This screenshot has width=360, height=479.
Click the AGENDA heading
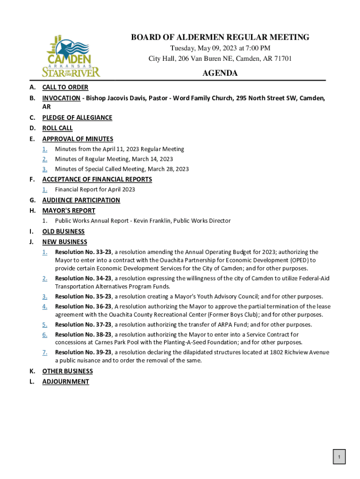220,73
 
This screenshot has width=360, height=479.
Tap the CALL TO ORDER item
65,87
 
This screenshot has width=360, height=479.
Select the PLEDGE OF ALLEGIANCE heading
77,117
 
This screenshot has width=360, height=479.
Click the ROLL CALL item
58,128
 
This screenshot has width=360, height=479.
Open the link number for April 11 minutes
44,149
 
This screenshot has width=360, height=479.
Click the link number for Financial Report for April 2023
44,189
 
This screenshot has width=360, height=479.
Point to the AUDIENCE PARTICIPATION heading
81,200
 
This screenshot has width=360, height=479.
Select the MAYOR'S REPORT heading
69,210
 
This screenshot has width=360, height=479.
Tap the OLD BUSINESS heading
63,232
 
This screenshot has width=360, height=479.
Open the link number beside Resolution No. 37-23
44,325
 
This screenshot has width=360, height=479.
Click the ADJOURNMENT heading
65,382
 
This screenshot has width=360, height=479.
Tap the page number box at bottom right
339,457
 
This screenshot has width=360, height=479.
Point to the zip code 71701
282,58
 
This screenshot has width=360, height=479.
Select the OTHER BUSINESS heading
67,371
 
